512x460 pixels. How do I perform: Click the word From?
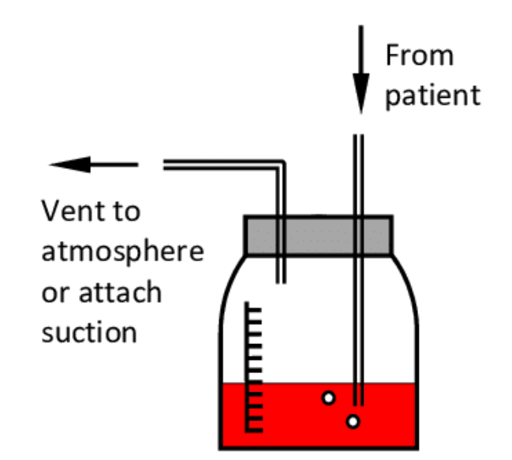coord(420,56)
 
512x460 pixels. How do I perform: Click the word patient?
coord(432,95)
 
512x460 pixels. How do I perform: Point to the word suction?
coord(89,331)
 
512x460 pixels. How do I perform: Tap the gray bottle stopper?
coord(317,235)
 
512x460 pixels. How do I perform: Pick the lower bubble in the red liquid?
coord(353,422)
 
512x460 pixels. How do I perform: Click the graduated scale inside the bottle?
coord(252,367)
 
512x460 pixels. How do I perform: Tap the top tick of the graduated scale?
coord(254,305)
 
